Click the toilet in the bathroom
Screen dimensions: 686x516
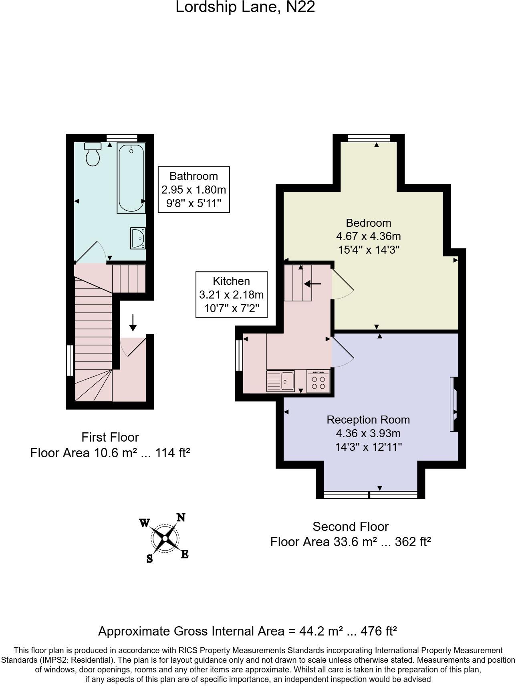93,155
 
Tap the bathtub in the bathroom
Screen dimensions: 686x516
131,178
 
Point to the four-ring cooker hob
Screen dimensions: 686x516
318,381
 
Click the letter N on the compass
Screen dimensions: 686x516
181,517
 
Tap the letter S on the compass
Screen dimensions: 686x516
149,559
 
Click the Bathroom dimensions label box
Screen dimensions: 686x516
194,190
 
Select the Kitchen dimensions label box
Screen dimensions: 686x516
232,295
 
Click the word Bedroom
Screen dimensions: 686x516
368,223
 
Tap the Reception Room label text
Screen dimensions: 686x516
368,420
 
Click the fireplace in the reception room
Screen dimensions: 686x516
454,404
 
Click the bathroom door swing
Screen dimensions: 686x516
93,251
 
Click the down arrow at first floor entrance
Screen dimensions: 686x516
133,323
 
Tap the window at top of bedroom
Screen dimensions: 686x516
369,138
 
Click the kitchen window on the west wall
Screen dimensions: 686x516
239,355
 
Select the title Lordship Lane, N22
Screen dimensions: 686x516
245,7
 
